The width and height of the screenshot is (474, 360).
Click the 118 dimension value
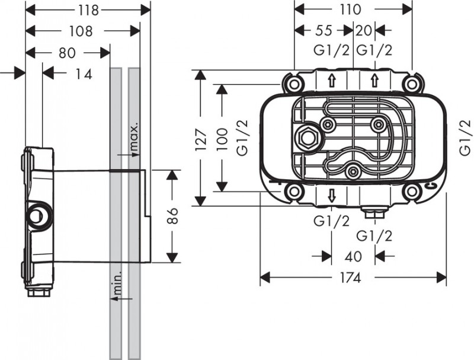(88, 10)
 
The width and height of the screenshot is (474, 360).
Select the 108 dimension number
(80, 31)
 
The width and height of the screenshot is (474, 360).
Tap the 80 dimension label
(67, 53)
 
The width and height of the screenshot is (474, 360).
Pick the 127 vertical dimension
(203, 138)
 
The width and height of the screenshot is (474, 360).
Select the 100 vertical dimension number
(223, 138)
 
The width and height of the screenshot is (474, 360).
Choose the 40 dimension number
(353, 256)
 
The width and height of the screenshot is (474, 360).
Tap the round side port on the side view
(38, 215)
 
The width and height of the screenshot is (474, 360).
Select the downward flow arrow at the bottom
(333, 196)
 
